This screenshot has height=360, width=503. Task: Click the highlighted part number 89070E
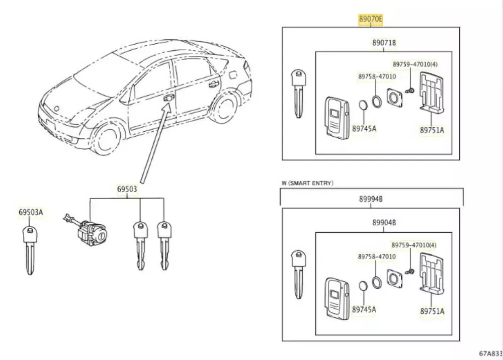pyautogui.click(x=371, y=20)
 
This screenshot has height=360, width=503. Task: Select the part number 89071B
pyautogui.click(x=384, y=44)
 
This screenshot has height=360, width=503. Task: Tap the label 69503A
pyautogui.click(x=31, y=213)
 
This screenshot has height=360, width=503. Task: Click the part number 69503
pyautogui.click(x=127, y=190)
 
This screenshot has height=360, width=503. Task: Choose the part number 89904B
pyautogui.click(x=384, y=223)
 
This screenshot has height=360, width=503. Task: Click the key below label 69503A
pyautogui.click(x=31, y=249)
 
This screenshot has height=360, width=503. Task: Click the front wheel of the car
pyautogui.click(x=108, y=136)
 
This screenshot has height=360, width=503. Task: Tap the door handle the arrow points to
pyautogui.click(x=170, y=98)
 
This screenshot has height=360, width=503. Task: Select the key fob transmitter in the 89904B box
pyautogui.click(x=336, y=297)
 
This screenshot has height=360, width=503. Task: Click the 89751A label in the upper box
pyautogui.click(x=432, y=130)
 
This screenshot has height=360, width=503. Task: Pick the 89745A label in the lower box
pyautogui.click(x=364, y=310)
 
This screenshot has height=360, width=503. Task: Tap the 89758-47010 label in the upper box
pyautogui.click(x=377, y=76)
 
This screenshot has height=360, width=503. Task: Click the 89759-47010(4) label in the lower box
pyautogui.click(x=414, y=245)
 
